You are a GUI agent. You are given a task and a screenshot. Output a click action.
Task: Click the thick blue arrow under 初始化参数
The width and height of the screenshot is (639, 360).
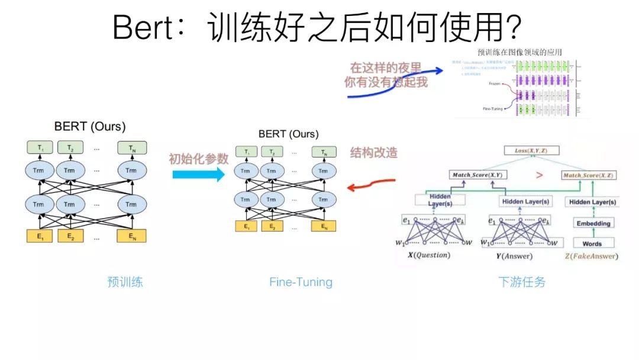point(199,175)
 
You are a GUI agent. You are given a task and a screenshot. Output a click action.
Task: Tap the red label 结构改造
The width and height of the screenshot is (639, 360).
point(373,152)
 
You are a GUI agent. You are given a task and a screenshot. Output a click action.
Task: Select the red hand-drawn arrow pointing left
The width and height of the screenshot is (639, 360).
point(370,185)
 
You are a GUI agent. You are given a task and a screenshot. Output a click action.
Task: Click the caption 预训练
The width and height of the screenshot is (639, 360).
point(125,282)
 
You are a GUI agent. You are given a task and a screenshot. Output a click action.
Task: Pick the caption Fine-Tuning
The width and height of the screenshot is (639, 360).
point(301,282)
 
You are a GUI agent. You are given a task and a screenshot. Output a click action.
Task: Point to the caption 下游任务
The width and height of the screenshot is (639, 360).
point(521,282)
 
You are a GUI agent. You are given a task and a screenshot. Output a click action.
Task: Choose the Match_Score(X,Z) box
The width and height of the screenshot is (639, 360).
point(587,175)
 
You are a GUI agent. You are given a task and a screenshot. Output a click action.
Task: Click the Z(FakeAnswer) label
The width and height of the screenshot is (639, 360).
point(592,256)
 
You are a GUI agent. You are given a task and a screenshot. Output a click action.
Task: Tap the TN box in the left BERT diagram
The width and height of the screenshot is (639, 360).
point(131,147)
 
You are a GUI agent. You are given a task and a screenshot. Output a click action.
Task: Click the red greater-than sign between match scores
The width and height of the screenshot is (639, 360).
point(539,175)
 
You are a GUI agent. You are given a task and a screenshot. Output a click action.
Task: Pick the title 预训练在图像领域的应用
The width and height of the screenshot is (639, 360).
point(519,52)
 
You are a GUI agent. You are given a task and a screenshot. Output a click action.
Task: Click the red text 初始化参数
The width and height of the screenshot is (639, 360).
point(198,159)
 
